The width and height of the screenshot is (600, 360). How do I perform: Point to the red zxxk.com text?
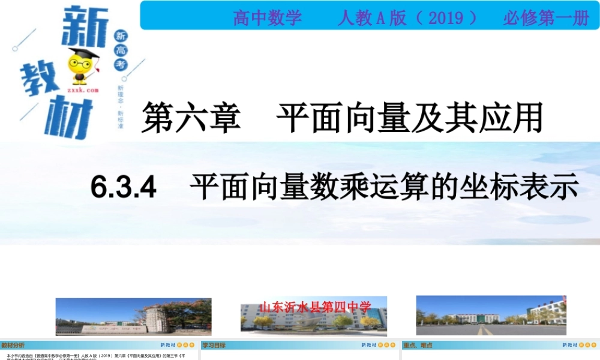82,89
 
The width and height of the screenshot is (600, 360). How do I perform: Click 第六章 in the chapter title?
191,117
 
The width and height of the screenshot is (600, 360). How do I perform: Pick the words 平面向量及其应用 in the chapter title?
409,117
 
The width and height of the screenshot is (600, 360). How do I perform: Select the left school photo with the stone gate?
133,316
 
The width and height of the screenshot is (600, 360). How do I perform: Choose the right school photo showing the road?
491,315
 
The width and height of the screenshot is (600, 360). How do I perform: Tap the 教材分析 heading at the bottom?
13,345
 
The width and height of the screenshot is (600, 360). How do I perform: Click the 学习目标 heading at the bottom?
214,345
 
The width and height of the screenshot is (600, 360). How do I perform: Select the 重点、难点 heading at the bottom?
418,345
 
